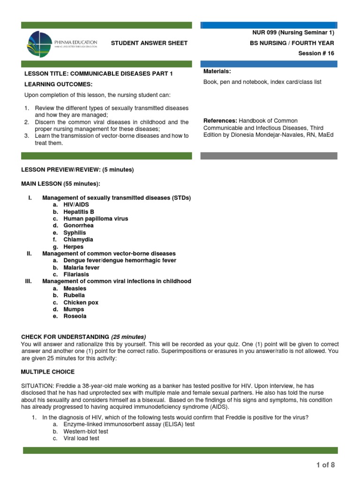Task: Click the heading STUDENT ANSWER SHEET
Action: point(149,43)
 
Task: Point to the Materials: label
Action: point(217,71)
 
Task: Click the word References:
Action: point(219,121)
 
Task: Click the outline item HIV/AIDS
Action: point(76,205)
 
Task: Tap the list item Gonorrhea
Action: point(78,225)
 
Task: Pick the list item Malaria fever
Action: point(82,268)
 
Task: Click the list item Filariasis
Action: point(76,275)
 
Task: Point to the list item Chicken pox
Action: point(81,303)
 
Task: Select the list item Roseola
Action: point(75,316)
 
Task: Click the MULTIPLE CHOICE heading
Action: point(48,372)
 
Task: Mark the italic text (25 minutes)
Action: point(128,337)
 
